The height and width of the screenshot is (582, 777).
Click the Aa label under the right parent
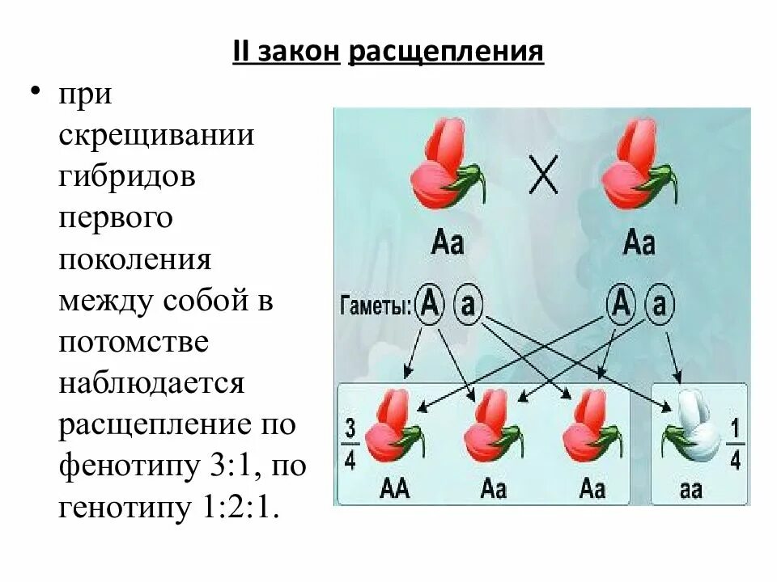pos(639,242)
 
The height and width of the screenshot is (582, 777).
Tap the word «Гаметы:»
pos(376,306)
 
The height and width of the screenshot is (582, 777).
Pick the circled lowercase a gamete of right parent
pos(660,304)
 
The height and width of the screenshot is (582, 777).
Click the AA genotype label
pos(394,488)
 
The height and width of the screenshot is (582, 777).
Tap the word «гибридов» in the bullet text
pos(126,176)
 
